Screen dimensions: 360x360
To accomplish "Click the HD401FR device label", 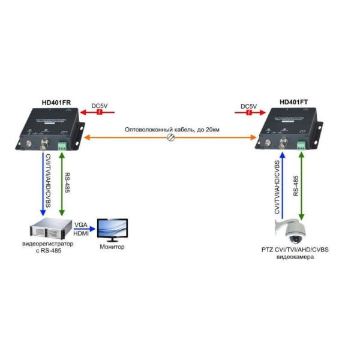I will pos(56,103).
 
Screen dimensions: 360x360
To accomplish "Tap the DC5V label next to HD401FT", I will pos(248,106).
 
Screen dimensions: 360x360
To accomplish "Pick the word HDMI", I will pos(80,233).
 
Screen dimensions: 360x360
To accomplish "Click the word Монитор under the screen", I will pos(112,247).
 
